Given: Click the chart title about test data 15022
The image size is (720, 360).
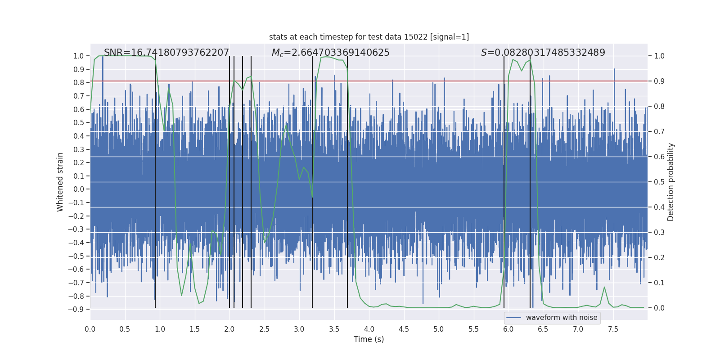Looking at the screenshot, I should [369, 37].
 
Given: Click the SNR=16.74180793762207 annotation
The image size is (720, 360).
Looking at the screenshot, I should [166, 53].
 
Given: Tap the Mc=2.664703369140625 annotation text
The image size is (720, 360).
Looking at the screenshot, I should [330, 53].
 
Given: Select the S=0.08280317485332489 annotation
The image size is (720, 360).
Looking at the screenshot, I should [543, 53].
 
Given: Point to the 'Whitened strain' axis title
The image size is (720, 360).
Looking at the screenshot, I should [60, 182].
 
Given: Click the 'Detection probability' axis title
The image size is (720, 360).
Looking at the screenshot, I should [671, 182].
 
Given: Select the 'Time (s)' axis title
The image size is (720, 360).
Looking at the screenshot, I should [369, 339].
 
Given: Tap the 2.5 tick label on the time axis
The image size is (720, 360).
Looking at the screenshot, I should [264, 329].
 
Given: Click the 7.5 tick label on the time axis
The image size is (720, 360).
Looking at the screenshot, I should [613, 329].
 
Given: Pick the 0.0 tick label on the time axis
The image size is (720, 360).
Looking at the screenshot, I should [90, 329].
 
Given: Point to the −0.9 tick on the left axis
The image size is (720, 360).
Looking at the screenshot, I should [76, 310].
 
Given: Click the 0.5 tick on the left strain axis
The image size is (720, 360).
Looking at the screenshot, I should [79, 123].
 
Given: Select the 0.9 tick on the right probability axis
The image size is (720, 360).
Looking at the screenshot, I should [659, 81].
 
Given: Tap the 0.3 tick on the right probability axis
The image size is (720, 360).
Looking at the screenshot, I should [659, 233].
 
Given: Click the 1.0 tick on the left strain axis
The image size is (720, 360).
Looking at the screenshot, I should [79, 56].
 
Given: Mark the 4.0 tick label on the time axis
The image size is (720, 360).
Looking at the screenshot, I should [369, 329].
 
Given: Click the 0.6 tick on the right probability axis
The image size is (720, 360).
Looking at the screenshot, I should [659, 157].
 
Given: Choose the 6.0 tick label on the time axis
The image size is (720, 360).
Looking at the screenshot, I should [508, 329].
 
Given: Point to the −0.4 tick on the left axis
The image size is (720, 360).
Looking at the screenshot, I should [76, 243].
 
